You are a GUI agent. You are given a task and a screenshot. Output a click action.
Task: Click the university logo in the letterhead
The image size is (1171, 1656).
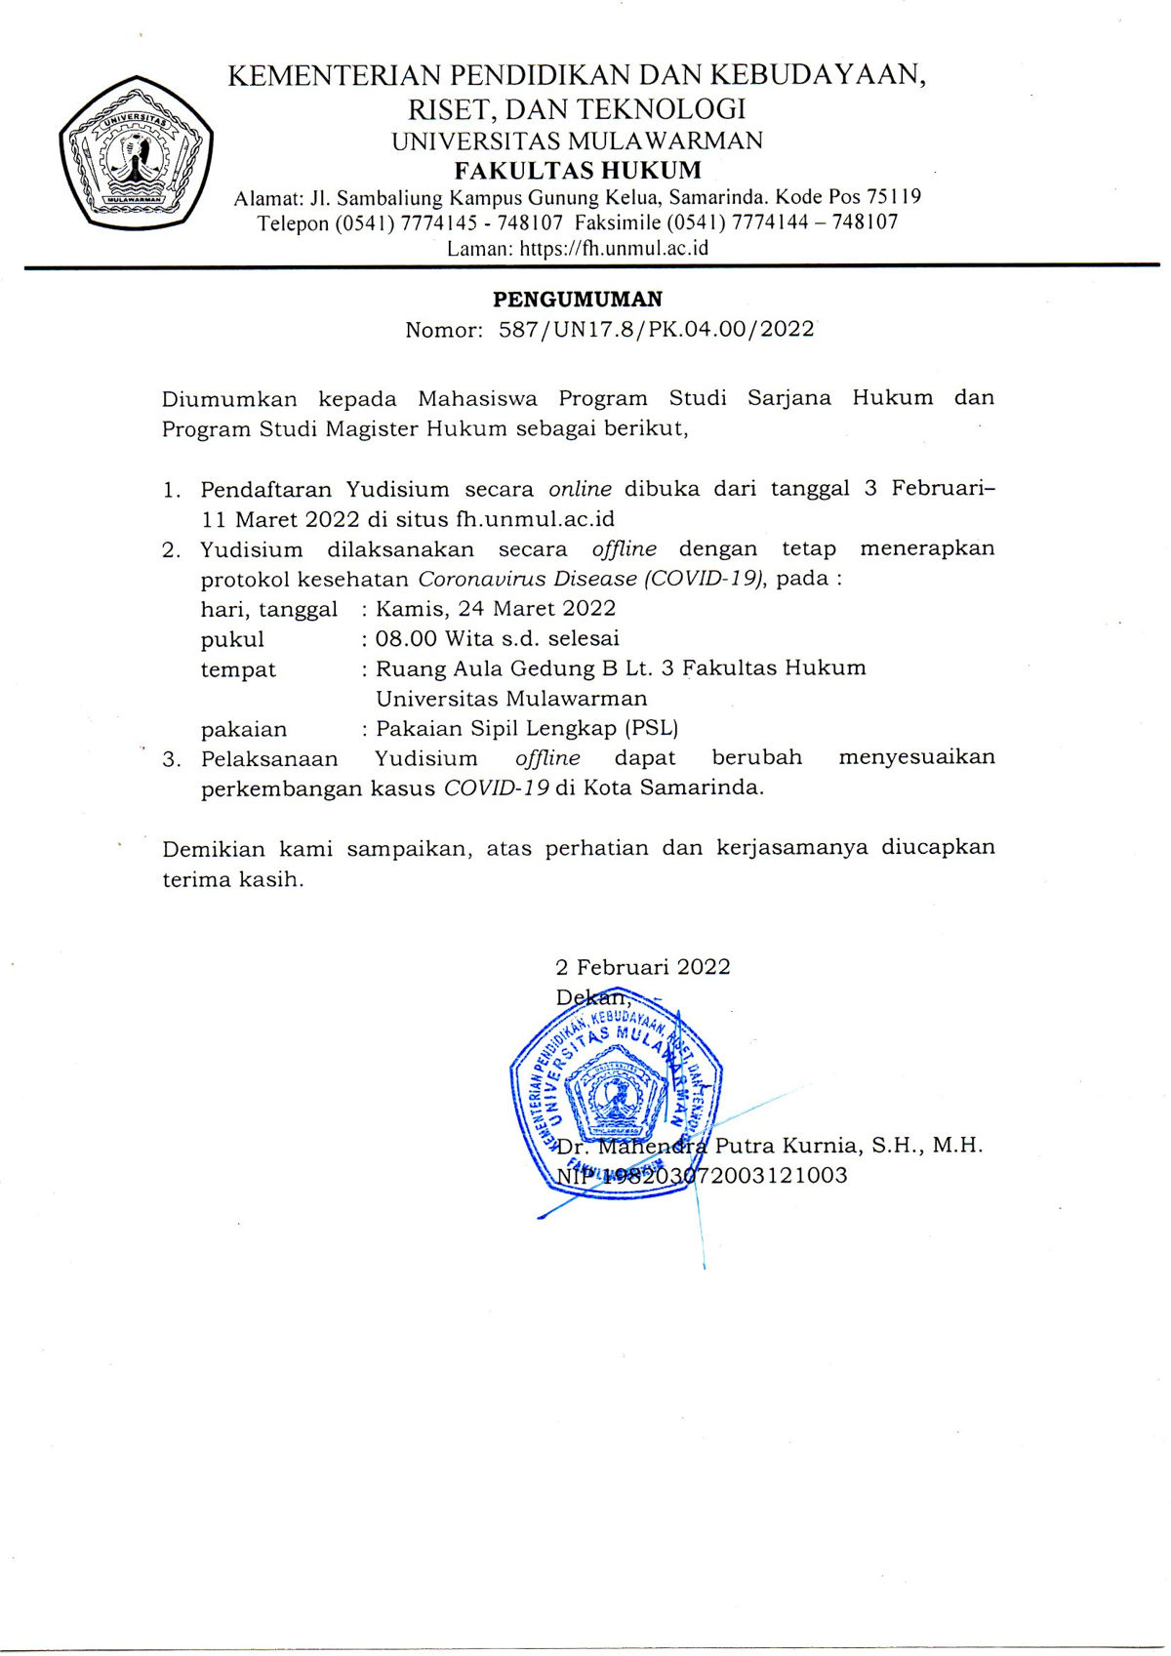[136, 151]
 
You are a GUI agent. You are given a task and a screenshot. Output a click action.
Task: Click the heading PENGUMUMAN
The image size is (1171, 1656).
[578, 300]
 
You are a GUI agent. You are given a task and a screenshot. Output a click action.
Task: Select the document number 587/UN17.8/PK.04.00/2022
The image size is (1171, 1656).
[657, 330]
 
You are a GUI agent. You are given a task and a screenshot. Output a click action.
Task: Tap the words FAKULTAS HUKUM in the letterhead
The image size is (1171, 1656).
[578, 171]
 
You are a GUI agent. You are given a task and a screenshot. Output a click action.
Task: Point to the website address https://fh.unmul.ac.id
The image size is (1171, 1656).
[614, 248]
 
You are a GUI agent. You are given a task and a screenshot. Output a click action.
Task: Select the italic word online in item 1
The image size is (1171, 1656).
[580, 489]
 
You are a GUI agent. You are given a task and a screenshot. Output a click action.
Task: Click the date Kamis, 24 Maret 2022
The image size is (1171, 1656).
[496, 609]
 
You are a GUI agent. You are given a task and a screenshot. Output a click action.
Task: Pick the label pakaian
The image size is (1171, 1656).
[244, 730]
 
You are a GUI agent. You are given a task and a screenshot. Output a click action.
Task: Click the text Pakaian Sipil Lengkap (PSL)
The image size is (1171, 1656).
[527, 729]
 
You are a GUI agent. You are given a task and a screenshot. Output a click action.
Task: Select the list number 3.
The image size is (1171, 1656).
[171, 760]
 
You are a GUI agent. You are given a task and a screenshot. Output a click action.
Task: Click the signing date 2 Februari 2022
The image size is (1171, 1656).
[642, 967]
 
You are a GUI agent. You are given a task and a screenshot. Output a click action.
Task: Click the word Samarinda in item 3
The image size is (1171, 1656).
[701, 788]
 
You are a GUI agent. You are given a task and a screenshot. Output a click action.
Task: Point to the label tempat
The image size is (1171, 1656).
[238, 670]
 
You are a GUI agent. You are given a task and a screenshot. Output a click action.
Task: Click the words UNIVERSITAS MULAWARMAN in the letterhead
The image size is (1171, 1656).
[578, 141]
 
